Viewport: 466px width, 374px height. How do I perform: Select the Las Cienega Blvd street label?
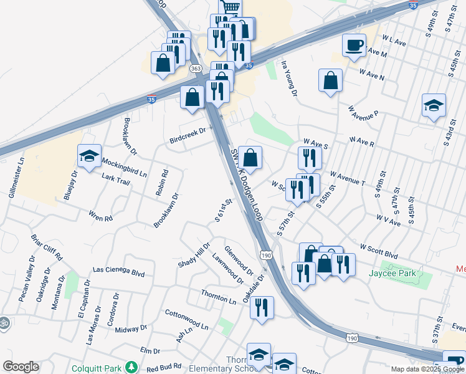(x=118, y=272)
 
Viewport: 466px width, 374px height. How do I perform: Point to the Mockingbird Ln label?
(x=125, y=167)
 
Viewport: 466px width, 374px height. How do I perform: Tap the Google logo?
(x=21, y=367)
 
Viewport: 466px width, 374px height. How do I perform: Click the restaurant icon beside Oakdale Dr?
(x=262, y=307)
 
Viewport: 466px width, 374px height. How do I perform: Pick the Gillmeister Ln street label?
(x=16, y=177)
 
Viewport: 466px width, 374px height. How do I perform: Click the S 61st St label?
(x=222, y=210)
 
